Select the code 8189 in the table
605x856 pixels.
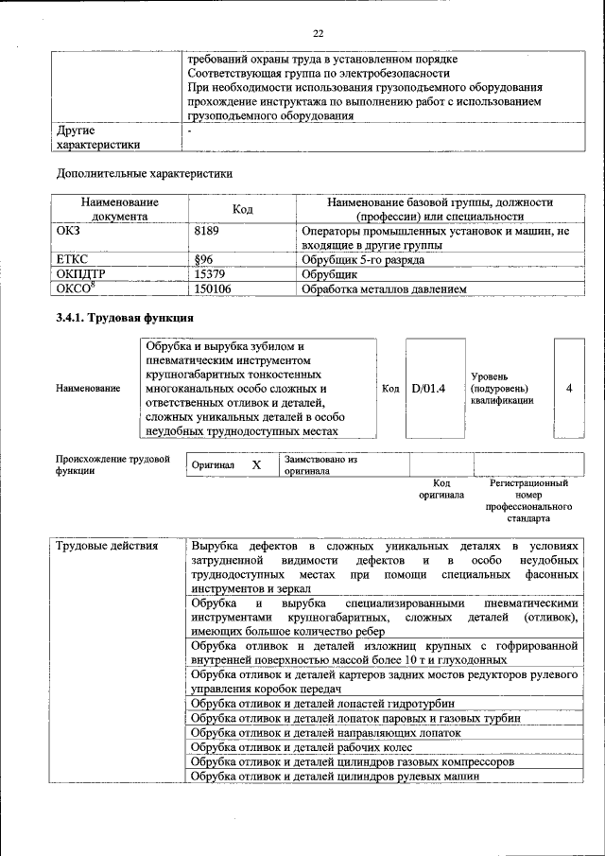coord(207,231)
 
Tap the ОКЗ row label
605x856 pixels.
coord(71,231)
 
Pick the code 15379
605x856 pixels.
coord(210,274)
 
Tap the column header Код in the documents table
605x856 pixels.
coord(242,209)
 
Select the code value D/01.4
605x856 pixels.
coord(428,389)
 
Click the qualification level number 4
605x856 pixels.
coord(568,389)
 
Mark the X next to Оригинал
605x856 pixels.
coord(256,465)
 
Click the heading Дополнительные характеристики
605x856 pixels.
coord(144,174)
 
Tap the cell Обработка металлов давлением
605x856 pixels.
coord(383,289)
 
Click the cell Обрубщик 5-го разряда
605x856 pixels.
coord(362,259)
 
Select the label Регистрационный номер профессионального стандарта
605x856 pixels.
coord(528,500)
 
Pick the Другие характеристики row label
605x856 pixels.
coord(99,137)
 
